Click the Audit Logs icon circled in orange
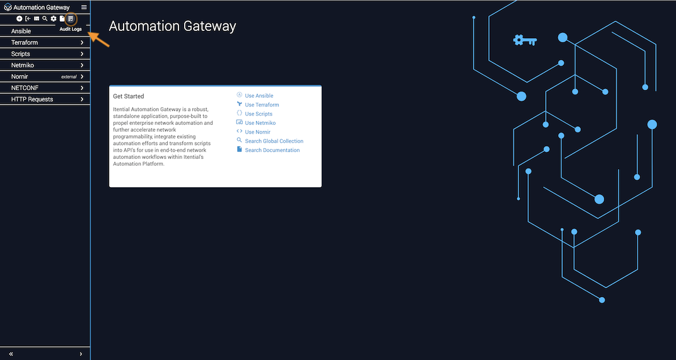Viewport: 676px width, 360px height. [x=71, y=18]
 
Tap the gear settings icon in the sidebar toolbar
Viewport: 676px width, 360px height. [x=54, y=18]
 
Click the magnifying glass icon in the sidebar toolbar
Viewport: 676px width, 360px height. [x=45, y=18]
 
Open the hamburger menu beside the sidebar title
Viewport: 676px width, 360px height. [x=84, y=8]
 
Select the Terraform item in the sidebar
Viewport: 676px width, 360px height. [x=25, y=42]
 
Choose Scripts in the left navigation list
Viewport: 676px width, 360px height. [x=21, y=54]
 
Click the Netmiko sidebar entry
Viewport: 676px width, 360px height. [x=23, y=65]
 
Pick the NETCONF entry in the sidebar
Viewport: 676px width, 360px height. [x=25, y=88]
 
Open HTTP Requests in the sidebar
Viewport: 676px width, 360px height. [x=32, y=99]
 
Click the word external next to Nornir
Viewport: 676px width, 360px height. [x=69, y=77]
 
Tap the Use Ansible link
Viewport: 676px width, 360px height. [x=259, y=96]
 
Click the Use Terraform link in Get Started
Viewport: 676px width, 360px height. [x=262, y=105]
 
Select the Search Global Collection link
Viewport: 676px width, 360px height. [x=274, y=141]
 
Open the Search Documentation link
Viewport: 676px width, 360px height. [x=272, y=150]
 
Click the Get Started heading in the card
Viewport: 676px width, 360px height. [x=129, y=96]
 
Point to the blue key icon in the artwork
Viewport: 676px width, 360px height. [x=525, y=40]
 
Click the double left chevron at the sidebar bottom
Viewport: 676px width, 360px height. [x=11, y=354]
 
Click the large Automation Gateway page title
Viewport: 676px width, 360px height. [x=172, y=26]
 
